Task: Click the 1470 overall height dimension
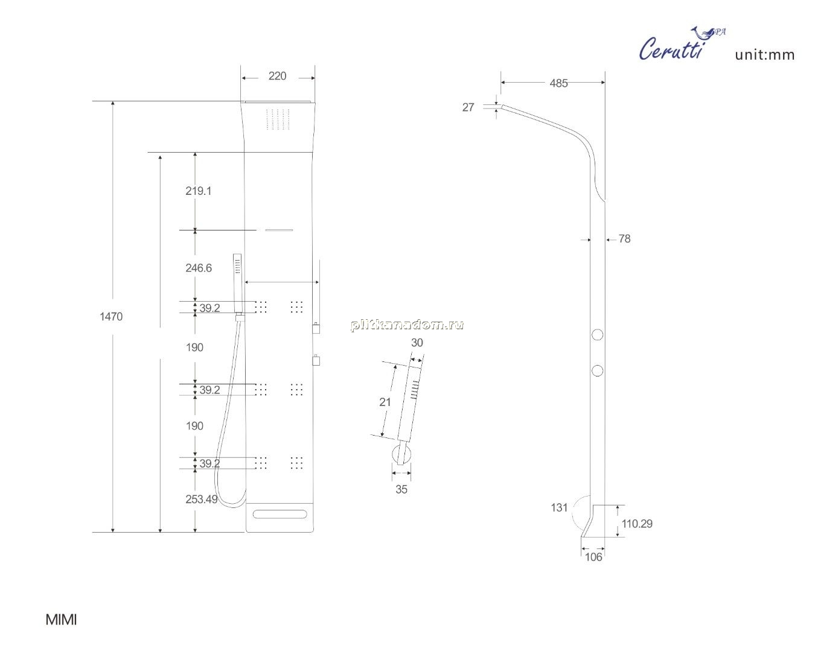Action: [x=111, y=316]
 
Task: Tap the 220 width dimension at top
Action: [x=277, y=76]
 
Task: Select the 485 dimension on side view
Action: [x=558, y=83]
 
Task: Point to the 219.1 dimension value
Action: [x=199, y=191]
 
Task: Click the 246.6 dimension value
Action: [x=199, y=268]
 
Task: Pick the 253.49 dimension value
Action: [x=202, y=499]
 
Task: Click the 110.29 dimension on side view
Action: [x=637, y=524]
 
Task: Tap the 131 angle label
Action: [x=559, y=507]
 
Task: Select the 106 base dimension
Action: [x=593, y=557]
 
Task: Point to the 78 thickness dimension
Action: [x=624, y=239]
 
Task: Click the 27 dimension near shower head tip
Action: [x=468, y=107]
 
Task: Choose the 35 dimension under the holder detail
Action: [x=401, y=489]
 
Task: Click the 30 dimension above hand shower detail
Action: [x=417, y=343]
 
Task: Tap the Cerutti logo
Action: [x=682, y=43]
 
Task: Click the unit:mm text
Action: [x=765, y=56]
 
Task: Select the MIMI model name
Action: [x=62, y=620]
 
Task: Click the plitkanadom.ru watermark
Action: [x=407, y=325]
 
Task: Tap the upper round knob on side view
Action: [x=597, y=335]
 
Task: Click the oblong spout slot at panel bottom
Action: [x=280, y=514]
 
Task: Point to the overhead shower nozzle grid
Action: [x=278, y=119]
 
